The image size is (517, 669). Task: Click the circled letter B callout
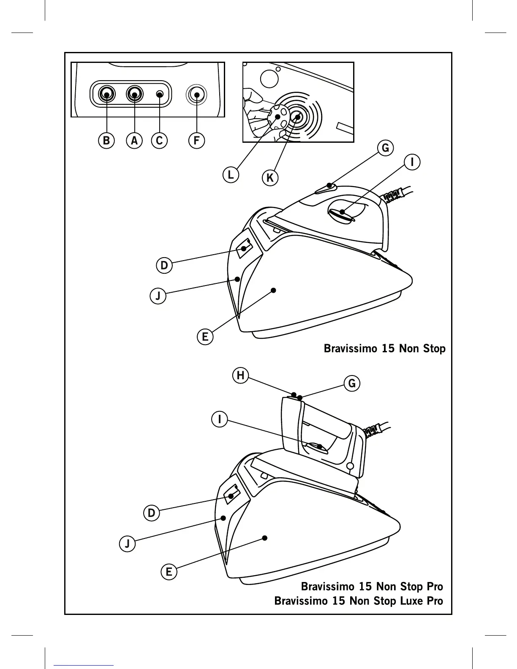click(106, 140)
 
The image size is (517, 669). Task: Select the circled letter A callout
click(134, 140)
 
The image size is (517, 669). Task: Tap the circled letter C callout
click(159, 140)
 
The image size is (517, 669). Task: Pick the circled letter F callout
click(196, 140)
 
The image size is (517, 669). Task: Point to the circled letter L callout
click(231, 174)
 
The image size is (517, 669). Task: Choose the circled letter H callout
click(240, 375)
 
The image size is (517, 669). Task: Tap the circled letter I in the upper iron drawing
click(412, 162)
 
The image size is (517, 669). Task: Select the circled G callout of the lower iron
click(352, 383)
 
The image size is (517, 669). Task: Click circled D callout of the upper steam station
click(164, 266)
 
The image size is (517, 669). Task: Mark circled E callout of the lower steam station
click(169, 572)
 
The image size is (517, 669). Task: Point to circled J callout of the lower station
click(127, 543)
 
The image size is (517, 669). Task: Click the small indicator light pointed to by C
click(160, 94)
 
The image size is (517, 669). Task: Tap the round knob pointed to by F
click(196, 94)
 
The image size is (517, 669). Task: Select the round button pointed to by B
click(106, 94)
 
